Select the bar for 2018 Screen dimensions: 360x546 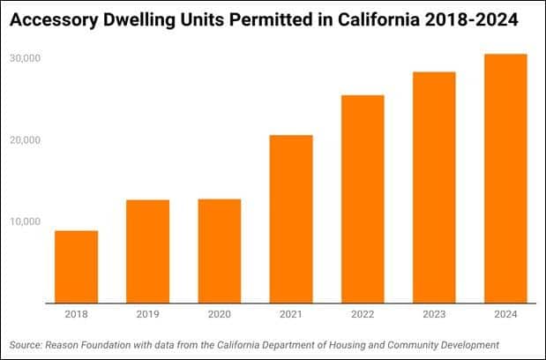pyautogui.click(x=76, y=266)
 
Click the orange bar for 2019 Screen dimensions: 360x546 pyautogui.click(x=147, y=251)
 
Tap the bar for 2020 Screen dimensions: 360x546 pyautogui.click(x=219, y=251)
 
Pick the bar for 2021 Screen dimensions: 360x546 pyautogui.click(x=290, y=219)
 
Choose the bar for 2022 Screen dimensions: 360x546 pyautogui.click(x=363, y=199)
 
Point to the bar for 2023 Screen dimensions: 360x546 pyautogui.click(x=434, y=187)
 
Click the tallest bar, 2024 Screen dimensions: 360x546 pyautogui.click(x=505, y=178)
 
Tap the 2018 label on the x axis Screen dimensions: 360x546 pyautogui.click(x=76, y=314)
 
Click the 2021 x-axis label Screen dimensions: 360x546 pyautogui.click(x=290, y=314)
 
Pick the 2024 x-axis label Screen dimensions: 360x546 pyautogui.click(x=505, y=314)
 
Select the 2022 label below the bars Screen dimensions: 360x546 pyautogui.click(x=363, y=314)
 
